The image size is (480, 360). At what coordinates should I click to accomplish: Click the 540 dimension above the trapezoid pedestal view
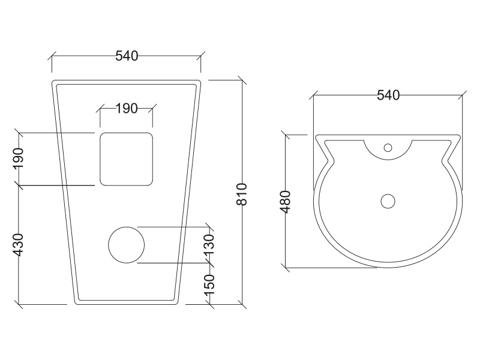(x=127, y=56)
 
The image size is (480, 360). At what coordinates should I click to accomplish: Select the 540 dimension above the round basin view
(x=388, y=95)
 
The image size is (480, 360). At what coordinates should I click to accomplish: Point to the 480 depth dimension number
(x=286, y=202)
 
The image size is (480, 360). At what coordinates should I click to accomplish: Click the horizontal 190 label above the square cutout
(x=126, y=108)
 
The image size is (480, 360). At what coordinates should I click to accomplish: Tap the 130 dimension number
(x=209, y=245)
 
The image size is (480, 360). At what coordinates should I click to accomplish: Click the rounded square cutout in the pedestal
(x=126, y=158)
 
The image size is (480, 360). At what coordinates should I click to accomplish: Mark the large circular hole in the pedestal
(x=126, y=245)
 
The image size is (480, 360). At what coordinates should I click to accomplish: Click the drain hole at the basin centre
(x=388, y=201)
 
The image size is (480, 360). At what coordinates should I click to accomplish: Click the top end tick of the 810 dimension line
(x=242, y=80)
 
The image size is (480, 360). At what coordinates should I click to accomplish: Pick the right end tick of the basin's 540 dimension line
(x=463, y=95)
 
